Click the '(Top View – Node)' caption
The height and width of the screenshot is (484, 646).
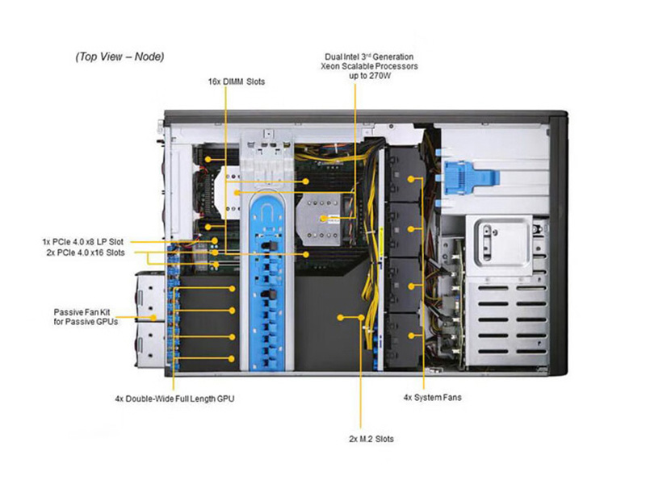tap(120, 57)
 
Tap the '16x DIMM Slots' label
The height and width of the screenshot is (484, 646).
tap(235, 81)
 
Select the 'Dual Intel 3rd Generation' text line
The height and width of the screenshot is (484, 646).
tap(369, 57)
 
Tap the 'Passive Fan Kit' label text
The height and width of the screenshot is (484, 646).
tap(85, 311)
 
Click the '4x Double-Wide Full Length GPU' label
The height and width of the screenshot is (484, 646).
tap(175, 398)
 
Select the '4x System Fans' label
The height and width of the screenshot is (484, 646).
tap(432, 398)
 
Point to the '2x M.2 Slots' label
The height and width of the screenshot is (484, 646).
tap(371, 439)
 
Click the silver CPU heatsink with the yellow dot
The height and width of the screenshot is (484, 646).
tap(321, 218)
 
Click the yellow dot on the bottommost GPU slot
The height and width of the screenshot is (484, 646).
tap(233, 357)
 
